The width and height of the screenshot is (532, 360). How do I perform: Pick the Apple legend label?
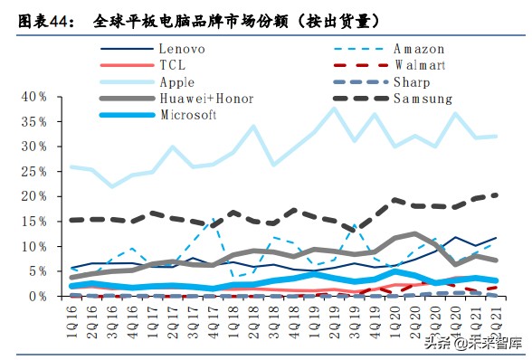tap(179, 81)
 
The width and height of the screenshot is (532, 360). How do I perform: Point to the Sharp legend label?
tap(418, 81)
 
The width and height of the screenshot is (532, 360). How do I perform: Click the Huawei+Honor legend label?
tap(206, 98)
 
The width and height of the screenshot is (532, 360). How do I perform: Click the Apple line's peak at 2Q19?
tap(334, 109)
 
